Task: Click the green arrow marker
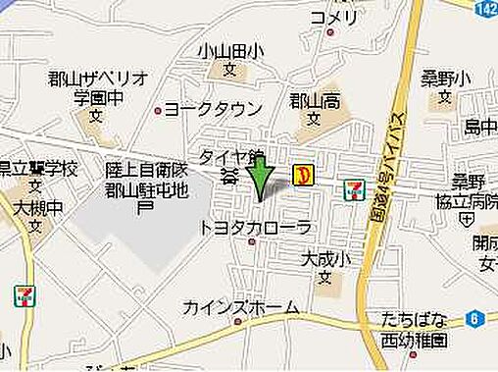[x=259, y=178]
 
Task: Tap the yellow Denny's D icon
[x=304, y=176]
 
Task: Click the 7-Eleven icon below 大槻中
[x=25, y=295]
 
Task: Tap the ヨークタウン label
[x=214, y=109]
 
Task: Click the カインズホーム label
[x=241, y=307]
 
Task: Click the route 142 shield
[x=487, y=9]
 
